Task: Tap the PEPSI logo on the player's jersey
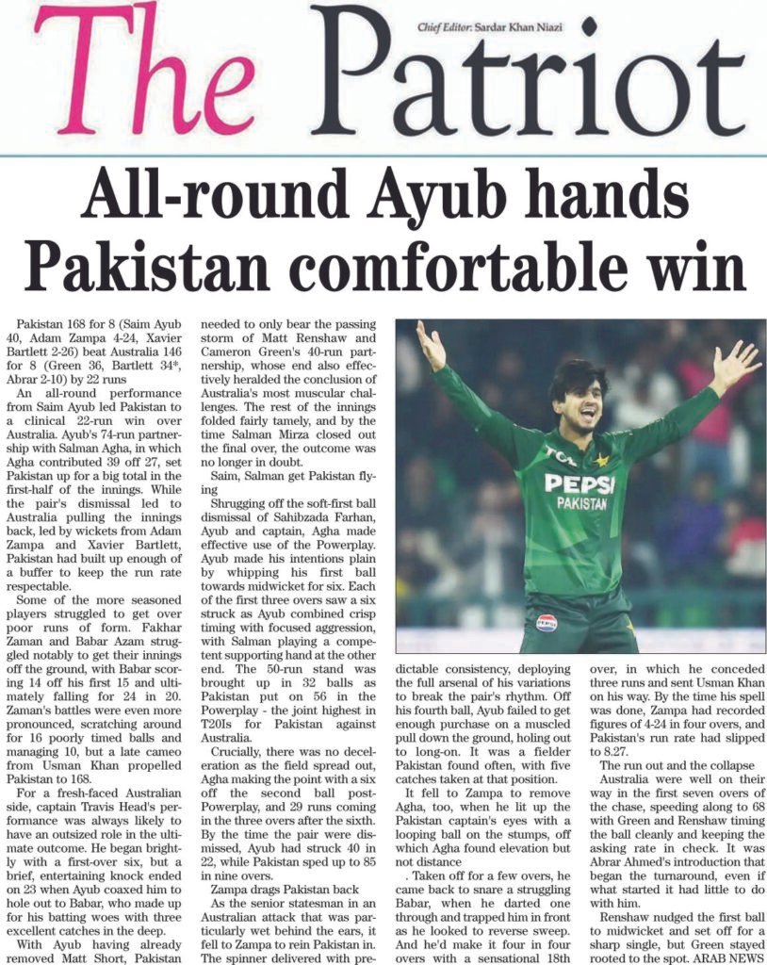pos(579,483)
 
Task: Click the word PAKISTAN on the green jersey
pos(581,504)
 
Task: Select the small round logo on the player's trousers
pos(547,622)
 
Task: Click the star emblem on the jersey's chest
pos(601,460)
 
